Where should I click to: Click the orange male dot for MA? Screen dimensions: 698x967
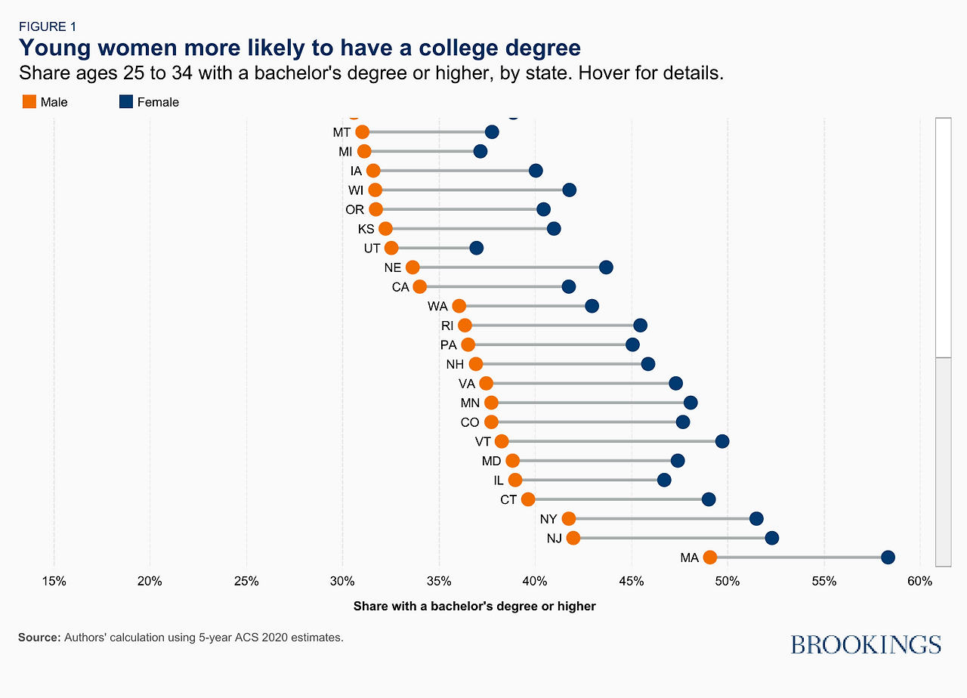point(709,557)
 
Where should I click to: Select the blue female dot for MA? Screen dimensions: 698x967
point(888,557)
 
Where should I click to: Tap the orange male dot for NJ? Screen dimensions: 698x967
point(573,538)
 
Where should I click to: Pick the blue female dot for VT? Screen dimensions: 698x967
point(722,441)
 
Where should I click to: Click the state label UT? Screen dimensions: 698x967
point(372,248)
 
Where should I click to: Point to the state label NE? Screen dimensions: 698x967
point(393,267)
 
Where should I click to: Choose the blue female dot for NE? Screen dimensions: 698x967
point(606,267)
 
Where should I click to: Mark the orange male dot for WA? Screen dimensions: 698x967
point(459,306)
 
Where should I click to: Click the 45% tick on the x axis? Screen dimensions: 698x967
point(632,582)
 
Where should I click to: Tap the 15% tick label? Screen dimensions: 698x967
point(54,582)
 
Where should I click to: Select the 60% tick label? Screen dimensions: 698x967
point(920,582)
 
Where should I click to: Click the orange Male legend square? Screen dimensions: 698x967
point(29,101)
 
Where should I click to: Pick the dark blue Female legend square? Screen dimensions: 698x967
point(126,101)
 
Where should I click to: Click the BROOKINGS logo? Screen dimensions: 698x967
point(866,644)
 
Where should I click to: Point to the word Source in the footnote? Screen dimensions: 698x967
point(39,638)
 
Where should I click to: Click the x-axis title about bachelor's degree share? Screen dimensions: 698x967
point(474,606)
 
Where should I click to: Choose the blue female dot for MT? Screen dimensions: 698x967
point(492,132)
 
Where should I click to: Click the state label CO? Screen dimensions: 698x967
point(470,422)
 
